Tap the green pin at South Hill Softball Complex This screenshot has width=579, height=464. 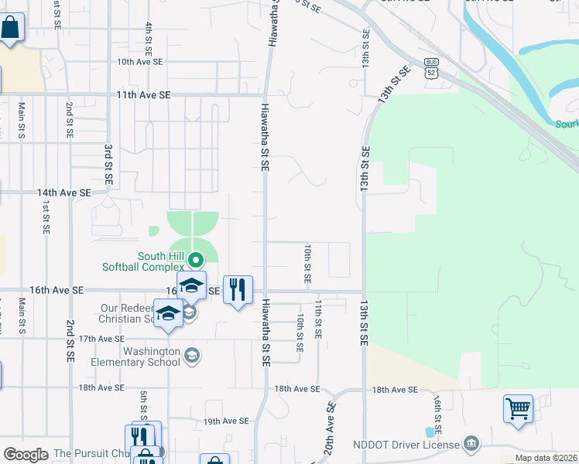point(195,261)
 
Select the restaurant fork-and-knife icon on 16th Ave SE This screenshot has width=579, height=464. point(238,290)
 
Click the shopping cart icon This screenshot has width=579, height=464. point(518,407)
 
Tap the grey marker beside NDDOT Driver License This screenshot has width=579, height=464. point(471,443)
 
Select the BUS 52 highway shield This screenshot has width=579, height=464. point(432,68)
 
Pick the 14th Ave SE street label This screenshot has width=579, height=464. point(63,192)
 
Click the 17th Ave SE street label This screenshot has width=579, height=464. point(101,339)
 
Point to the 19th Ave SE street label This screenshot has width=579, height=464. point(226,421)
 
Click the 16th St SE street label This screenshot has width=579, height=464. point(437,415)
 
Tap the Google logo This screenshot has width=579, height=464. point(26,454)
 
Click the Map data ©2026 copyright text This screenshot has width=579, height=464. point(546,458)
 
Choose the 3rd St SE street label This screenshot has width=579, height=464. point(108,163)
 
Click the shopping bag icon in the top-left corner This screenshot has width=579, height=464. point(11,29)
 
